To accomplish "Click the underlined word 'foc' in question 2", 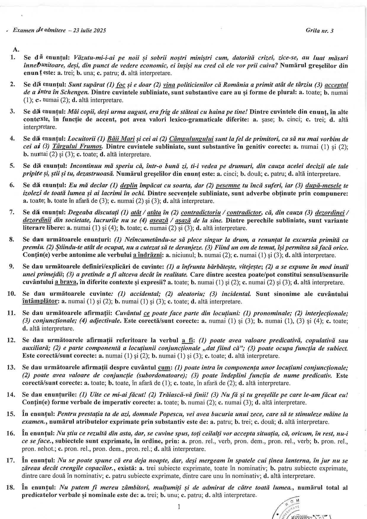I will pyautogui.click(x=121, y=85).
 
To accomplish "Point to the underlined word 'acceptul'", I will pyautogui.click(x=336, y=85).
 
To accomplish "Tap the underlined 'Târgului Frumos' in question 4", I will pyautogui.click(x=78, y=147).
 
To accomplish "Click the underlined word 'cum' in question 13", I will pyautogui.click(x=164, y=368).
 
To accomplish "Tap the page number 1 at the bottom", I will pyautogui.click(x=179, y=507).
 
